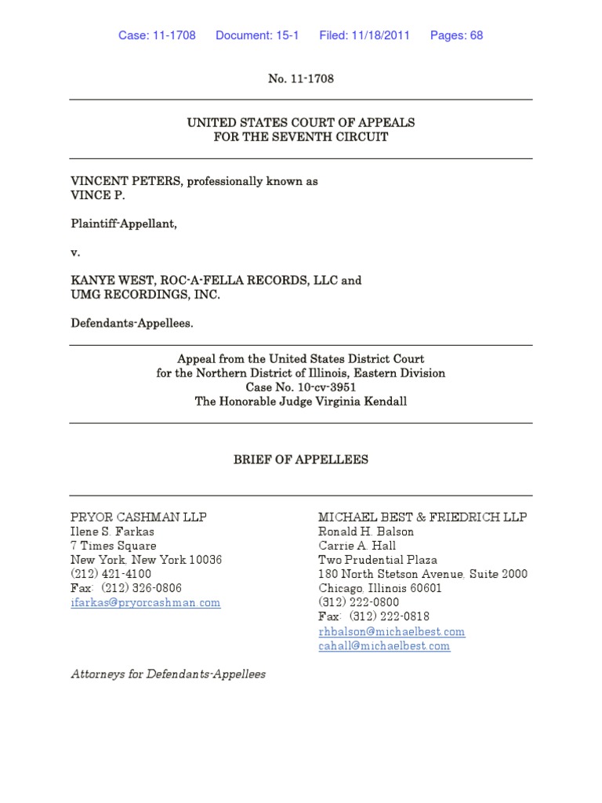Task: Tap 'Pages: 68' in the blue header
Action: pyautogui.click(x=456, y=35)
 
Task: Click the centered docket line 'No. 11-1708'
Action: pyautogui.click(x=301, y=79)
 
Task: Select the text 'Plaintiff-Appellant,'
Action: pyautogui.click(x=124, y=223)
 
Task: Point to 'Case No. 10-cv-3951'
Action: pyautogui.click(x=301, y=387)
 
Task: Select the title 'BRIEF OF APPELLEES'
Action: pyautogui.click(x=301, y=460)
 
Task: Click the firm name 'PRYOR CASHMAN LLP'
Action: pyautogui.click(x=139, y=518)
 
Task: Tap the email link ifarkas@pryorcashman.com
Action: pyautogui.click(x=146, y=602)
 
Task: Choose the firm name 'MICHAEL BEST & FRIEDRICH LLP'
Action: pyautogui.click(x=422, y=518)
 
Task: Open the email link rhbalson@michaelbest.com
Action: pyautogui.click(x=391, y=631)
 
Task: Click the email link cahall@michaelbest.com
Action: pyautogui.click(x=384, y=645)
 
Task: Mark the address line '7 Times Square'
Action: pyautogui.click(x=114, y=546)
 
